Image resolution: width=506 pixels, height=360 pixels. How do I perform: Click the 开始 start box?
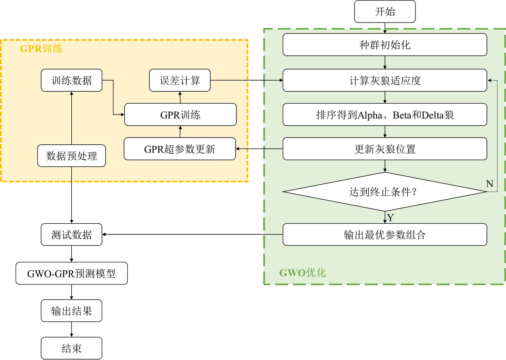385,11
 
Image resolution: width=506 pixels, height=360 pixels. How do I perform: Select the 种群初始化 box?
385,45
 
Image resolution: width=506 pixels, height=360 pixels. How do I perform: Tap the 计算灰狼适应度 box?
385,80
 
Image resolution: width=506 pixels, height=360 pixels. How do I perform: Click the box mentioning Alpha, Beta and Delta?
385,115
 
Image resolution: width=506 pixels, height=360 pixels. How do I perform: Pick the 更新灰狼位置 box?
385,149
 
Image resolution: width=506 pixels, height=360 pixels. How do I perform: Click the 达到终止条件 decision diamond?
385,192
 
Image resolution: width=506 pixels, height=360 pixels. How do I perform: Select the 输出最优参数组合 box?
385,235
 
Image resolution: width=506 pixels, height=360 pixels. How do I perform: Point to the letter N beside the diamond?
489,183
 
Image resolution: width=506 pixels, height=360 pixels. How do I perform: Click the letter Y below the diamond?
391,218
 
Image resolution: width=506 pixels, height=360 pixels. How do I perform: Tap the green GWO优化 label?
302,273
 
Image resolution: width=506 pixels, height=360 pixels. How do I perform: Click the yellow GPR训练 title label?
41,49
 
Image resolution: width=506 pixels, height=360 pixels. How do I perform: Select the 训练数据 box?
71,80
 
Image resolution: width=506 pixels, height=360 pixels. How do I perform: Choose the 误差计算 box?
180,80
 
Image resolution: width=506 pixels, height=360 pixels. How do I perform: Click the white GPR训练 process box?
180,115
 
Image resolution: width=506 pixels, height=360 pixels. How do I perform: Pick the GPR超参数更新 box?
180,149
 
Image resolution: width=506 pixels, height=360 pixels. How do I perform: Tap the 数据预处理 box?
71,156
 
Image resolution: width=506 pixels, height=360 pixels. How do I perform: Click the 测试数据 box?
71,235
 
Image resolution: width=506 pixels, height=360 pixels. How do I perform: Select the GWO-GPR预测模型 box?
71,273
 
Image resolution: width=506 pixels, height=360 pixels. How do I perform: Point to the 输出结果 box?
71,311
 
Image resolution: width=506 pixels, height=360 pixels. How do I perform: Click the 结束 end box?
71,349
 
